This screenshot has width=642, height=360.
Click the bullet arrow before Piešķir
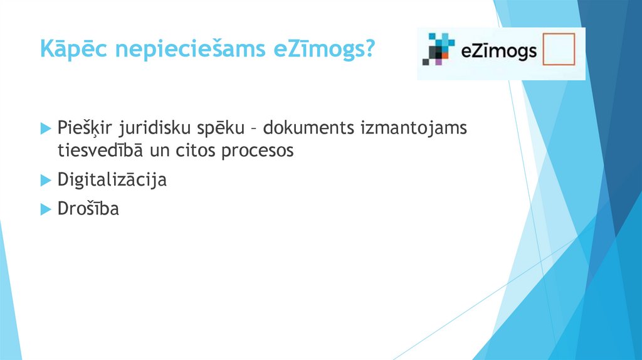pyautogui.click(x=45, y=129)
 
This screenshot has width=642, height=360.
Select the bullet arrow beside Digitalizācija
pyautogui.click(x=45, y=180)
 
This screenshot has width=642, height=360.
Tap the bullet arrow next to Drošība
pyautogui.click(x=45, y=209)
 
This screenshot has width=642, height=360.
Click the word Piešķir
pyautogui.click(x=82, y=129)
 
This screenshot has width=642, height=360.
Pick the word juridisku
pyautogui.click(x=149, y=129)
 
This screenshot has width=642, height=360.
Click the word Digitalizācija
pyautogui.click(x=112, y=180)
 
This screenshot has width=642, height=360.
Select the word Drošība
pyautogui.click(x=88, y=208)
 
